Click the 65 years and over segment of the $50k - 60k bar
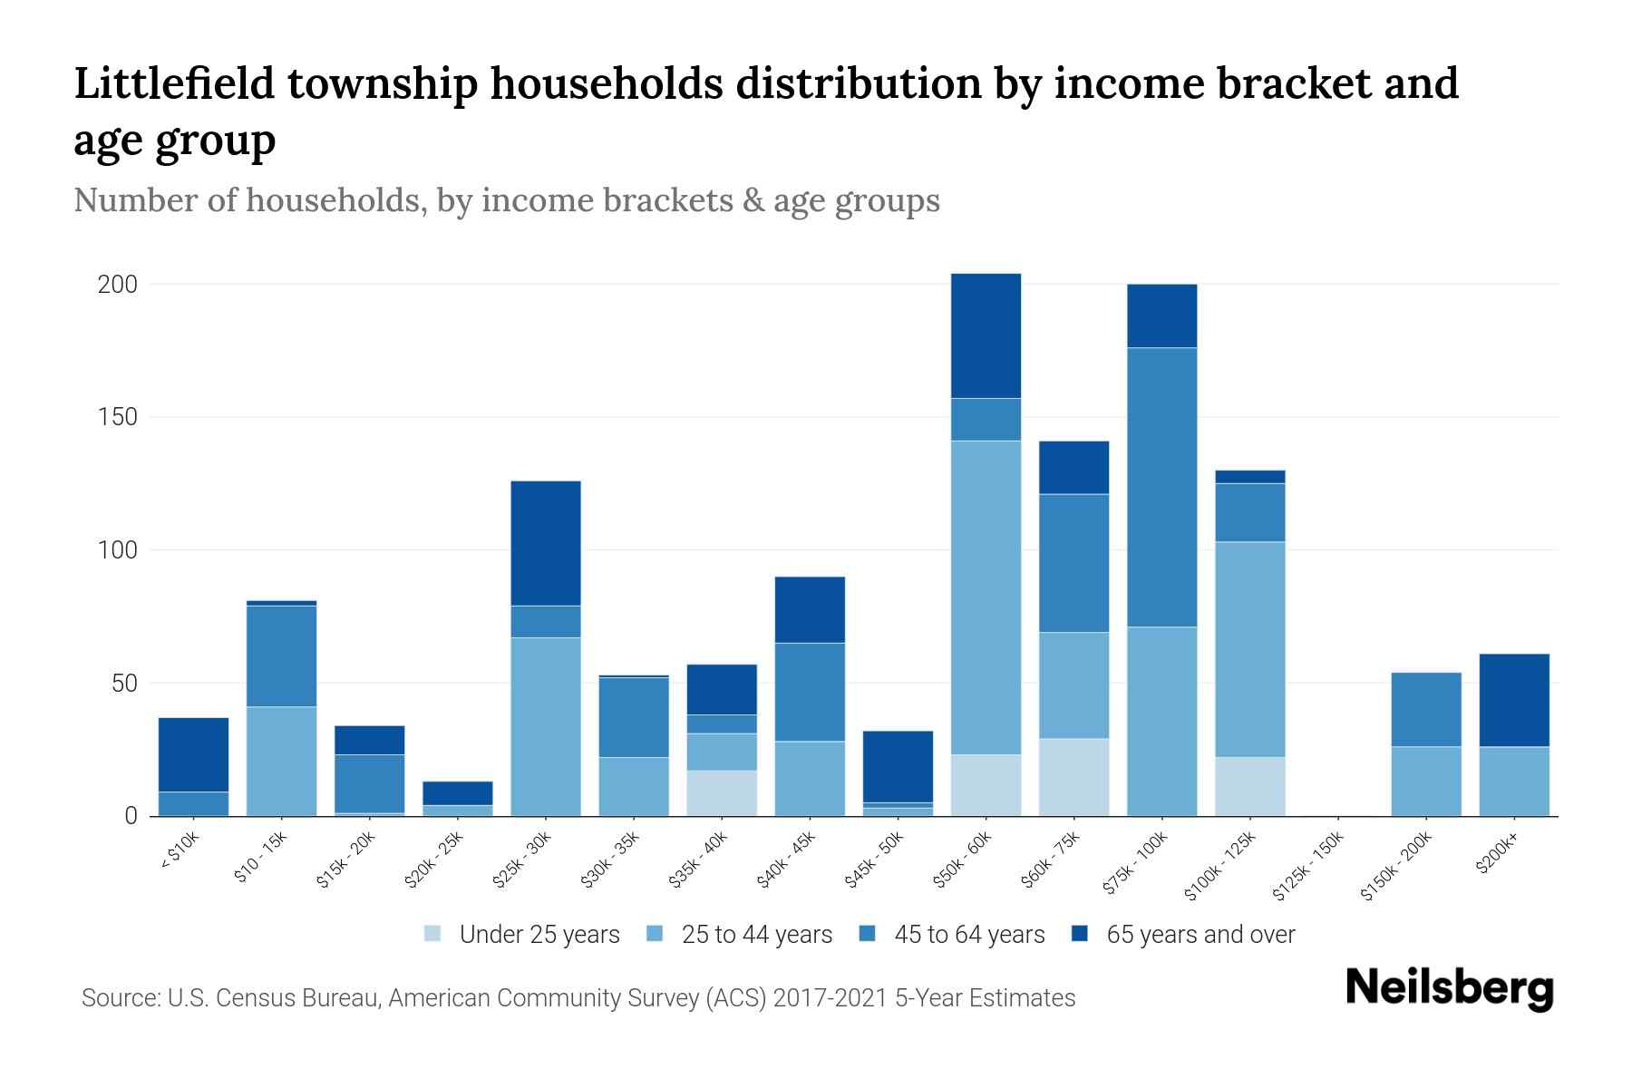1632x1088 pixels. tap(986, 335)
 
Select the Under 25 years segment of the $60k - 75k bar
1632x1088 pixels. tap(1073, 777)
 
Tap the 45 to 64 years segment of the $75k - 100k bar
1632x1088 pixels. tap(1161, 487)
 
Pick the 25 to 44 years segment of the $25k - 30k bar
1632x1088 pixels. tap(546, 726)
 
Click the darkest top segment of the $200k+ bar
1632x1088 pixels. tap(1514, 700)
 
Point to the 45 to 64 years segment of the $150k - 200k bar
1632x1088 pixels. tap(1426, 709)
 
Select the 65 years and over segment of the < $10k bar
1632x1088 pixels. tap(193, 754)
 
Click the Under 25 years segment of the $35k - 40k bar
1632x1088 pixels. tap(722, 792)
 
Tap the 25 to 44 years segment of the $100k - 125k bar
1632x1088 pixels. tap(1249, 649)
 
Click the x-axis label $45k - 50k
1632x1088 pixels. tap(875, 862)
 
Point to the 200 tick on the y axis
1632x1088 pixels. tap(118, 285)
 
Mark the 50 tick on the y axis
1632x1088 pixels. tap(124, 683)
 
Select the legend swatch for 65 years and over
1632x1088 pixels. tap(1080, 934)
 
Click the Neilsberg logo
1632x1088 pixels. tap(1449, 988)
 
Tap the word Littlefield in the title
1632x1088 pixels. tap(174, 84)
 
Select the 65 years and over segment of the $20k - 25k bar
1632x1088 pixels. tap(457, 793)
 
